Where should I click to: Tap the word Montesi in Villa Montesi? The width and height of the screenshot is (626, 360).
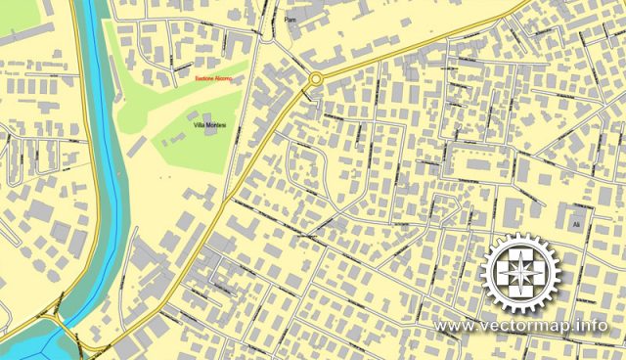(216, 127)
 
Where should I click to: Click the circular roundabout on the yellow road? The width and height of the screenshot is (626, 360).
(316, 79)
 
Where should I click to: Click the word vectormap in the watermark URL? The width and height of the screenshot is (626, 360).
(524, 325)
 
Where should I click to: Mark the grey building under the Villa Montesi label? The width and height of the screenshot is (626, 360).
(208, 144)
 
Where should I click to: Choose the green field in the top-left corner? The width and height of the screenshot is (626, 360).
(17, 12)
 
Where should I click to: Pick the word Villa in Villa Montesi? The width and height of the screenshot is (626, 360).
(200, 127)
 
